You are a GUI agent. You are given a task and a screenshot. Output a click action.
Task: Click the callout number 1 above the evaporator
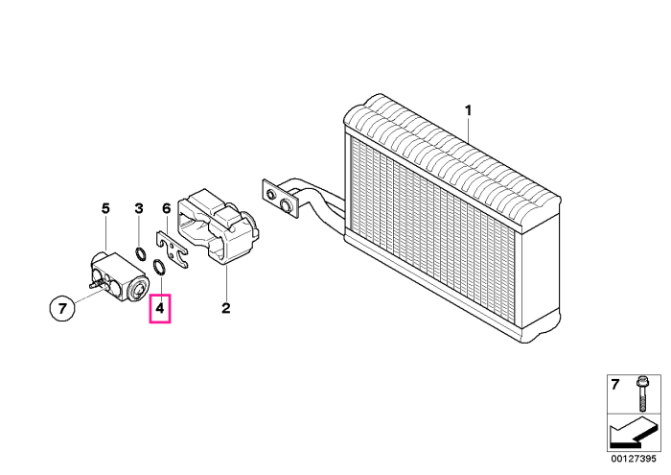click(x=468, y=110)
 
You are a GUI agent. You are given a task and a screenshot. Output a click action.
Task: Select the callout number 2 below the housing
click(x=225, y=308)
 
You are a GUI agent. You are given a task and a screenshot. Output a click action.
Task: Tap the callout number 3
click(x=139, y=208)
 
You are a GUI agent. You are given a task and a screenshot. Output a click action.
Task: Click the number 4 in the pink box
click(x=160, y=308)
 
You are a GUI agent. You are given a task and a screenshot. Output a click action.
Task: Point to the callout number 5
click(x=105, y=208)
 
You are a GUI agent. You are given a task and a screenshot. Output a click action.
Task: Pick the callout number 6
click(x=167, y=208)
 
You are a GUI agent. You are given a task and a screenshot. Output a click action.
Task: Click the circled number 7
click(x=62, y=308)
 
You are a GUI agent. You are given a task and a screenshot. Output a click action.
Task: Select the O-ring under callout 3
click(x=140, y=253)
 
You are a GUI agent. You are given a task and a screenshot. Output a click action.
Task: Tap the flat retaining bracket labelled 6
click(x=172, y=249)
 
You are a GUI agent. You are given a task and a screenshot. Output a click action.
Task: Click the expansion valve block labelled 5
click(x=120, y=277)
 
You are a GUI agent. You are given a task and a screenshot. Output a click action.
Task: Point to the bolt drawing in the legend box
click(x=641, y=393)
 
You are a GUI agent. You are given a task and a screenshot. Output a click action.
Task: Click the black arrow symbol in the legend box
click(x=632, y=434)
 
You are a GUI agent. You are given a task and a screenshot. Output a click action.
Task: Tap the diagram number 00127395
click(x=634, y=459)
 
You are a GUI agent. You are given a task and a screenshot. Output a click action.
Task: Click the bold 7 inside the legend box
click(x=615, y=385)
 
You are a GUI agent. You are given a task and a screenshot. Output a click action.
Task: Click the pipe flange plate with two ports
click(x=280, y=199)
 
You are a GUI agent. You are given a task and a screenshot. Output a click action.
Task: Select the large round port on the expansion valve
click(x=139, y=290)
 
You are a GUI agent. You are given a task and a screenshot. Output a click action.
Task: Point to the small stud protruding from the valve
click(x=95, y=283)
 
